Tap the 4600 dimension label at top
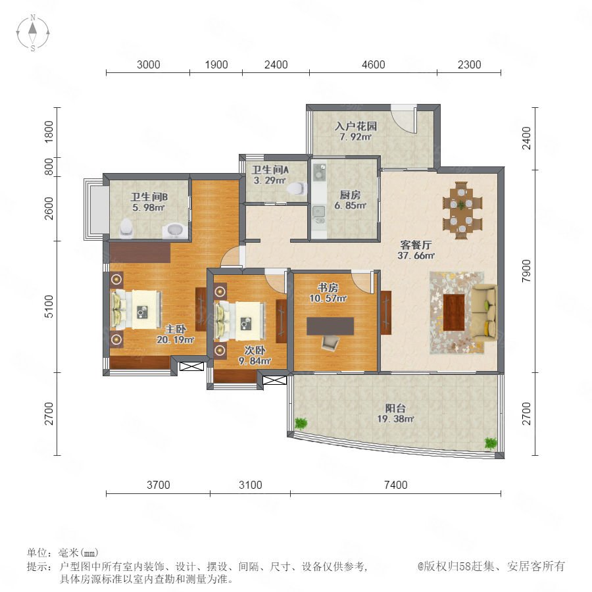point(374,64)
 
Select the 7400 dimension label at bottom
point(396,485)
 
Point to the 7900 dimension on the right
point(526,271)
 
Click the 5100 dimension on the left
point(49,307)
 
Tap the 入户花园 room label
point(356,126)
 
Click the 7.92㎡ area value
point(356,137)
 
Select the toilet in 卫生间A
point(297,188)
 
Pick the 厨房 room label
point(350,195)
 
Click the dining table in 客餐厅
point(462,210)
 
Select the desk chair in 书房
point(330,343)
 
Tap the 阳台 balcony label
point(396,408)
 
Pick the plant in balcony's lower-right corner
point(491,443)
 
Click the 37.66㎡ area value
point(416,256)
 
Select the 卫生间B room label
point(149,197)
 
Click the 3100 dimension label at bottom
point(251,485)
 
